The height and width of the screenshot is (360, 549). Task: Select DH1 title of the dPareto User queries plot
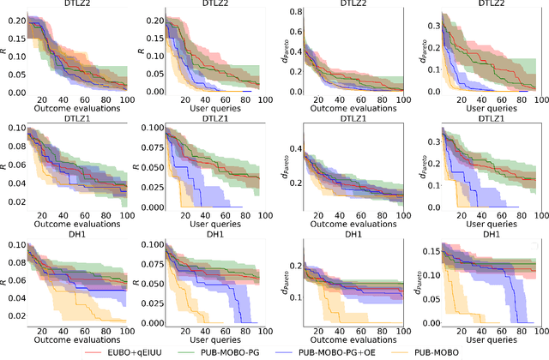[x=492, y=235]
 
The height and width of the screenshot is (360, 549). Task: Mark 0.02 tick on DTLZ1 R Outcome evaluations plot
[x=15, y=202]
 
